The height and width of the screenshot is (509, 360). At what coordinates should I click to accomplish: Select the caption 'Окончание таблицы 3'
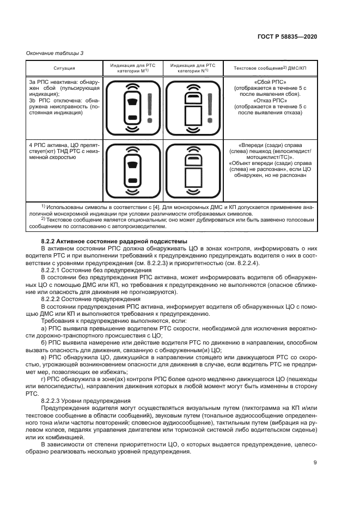pyautogui.click(x=55, y=52)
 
